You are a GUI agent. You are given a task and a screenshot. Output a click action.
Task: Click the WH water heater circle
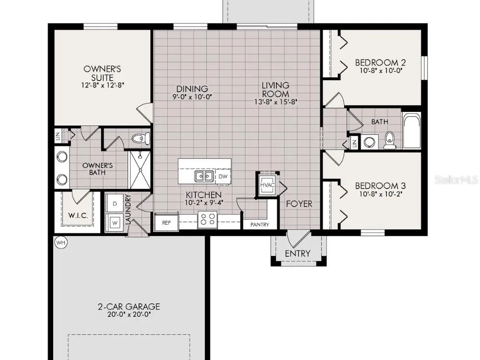pos(61,242)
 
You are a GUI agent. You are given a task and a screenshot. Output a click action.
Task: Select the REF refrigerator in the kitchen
pos(166,222)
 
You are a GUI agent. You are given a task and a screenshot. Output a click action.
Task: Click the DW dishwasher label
pos(223,177)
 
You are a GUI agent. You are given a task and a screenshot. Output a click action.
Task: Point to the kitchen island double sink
pos(204,176)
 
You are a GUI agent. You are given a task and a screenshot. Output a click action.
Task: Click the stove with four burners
pos(207,219)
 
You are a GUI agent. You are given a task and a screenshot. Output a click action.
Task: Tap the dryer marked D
pos(115,203)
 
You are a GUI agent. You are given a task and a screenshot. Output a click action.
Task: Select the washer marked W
pos(115,223)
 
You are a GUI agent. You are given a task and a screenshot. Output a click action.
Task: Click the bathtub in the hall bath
pos(412,131)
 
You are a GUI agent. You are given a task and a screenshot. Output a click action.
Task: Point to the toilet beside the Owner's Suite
pos(141,138)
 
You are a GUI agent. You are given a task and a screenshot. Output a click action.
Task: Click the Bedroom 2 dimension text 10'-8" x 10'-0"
pos(381,71)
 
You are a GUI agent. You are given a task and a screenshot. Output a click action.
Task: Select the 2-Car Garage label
pos(129,306)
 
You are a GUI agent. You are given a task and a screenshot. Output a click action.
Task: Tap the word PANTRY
pos(260,225)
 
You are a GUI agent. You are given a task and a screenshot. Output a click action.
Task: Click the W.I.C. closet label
pos(78,216)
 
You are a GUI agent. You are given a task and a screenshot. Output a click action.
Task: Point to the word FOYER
pos(299,204)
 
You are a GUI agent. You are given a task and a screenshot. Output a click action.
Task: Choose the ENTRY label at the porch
pos(298,253)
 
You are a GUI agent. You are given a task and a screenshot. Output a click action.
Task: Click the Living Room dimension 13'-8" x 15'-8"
pos(276,102)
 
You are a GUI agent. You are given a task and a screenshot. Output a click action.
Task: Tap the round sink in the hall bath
pos(370,142)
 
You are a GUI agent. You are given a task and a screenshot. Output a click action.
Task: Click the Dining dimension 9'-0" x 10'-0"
pos(192,97)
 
